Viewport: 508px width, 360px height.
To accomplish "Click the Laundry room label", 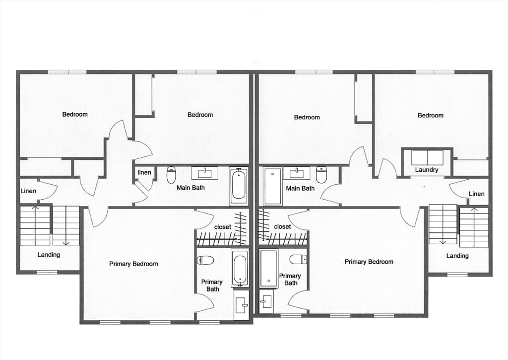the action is pos(426,170).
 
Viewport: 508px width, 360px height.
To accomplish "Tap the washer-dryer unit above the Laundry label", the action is pos(427,157).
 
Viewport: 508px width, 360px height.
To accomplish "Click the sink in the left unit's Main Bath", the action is pos(205,173).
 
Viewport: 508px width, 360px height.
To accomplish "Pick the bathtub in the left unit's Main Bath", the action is pos(239,186).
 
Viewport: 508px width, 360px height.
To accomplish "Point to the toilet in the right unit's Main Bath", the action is pos(321,174).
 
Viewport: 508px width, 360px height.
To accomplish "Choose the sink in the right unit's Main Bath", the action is pos(297,173).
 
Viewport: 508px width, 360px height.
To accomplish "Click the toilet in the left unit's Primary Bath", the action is pos(205,260).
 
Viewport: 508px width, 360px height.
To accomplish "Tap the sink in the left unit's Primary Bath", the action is pos(241,304).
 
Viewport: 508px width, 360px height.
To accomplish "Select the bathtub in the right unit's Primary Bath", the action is pos(268,269).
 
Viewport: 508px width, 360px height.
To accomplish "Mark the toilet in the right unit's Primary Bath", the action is pos(298,260).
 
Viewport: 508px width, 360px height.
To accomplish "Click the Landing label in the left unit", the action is pos(49,255).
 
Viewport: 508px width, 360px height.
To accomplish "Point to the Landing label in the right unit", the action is pos(457,256).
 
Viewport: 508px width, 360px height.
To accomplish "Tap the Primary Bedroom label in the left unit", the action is pos(133,264).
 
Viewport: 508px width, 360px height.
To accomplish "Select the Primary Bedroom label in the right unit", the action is pos(369,262).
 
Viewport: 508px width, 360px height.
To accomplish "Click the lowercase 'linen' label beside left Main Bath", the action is pos(144,172).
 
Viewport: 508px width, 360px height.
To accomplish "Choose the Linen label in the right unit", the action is pos(477,194).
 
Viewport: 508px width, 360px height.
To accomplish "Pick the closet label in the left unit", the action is pos(223,227).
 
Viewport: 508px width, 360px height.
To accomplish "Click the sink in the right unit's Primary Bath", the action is pos(266,301).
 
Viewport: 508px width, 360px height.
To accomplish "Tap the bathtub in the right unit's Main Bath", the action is pos(272,186).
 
